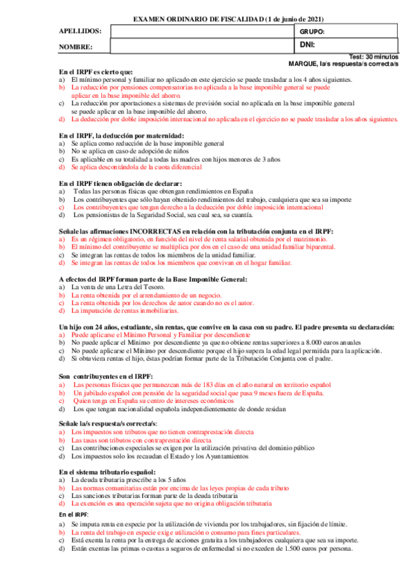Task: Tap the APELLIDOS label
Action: coord(80,32)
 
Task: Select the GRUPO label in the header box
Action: coord(312,32)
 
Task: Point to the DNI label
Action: coord(308,45)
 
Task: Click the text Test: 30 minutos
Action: coord(374,56)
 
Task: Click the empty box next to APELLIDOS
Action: coord(202,32)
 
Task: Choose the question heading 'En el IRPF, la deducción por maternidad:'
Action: coord(121,135)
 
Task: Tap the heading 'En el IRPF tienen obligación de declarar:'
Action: coord(120,183)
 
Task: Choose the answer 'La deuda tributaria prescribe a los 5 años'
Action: coord(128,479)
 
